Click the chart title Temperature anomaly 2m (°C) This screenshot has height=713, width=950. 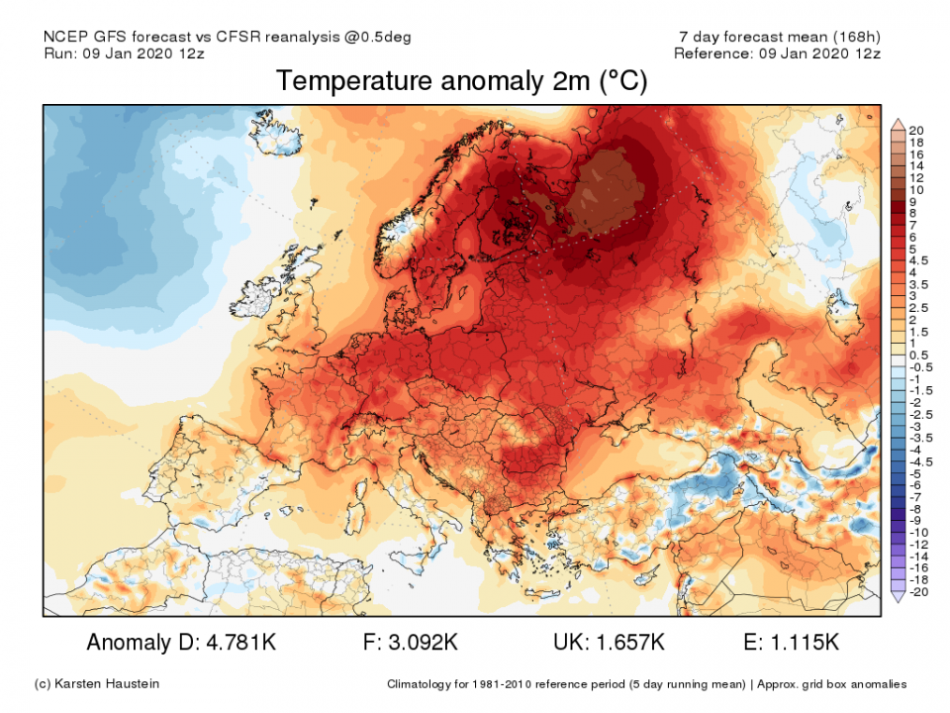462,81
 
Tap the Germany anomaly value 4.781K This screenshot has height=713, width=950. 237,643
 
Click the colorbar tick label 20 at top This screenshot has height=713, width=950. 917,131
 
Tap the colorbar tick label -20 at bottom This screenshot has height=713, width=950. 917,591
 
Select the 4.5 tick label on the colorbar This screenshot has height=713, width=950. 919,260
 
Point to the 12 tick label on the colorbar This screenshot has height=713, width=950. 917,177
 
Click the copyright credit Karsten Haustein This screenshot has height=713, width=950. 96,684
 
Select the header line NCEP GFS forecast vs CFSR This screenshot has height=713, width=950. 228,37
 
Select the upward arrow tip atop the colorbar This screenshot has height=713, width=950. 897,122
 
